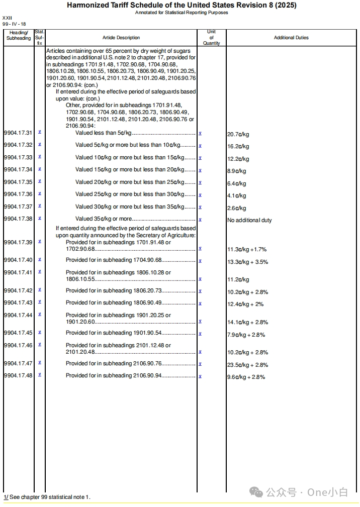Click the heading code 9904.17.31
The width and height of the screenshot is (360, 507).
(x=18, y=133)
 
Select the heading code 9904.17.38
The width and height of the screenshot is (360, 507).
(x=18, y=219)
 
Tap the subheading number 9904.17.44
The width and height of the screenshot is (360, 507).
(x=18, y=315)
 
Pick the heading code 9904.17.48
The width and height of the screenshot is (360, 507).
(x=18, y=375)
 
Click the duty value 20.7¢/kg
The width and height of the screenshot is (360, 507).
(x=238, y=135)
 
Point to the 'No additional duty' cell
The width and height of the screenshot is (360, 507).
(x=249, y=220)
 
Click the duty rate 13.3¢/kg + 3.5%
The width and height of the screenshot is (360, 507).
(x=247, y=262)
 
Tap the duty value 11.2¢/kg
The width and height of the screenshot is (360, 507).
(x=238, y=279)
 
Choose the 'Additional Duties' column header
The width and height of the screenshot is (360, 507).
(x=291, y=38)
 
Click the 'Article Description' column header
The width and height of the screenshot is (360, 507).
(x=121, y=38)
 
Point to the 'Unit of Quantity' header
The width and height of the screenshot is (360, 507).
(x=211, y=38)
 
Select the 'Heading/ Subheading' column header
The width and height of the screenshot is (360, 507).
(x=19, y=35)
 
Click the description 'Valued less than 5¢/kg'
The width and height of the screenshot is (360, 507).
(x=103, y=133)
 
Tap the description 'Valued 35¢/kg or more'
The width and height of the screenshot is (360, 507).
(x=103, y=219)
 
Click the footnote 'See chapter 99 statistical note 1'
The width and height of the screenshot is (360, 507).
(x=49, y=497)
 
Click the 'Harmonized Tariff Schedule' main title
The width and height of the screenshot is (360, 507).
(x=182, y=6)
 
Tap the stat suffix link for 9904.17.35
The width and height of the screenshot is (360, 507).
(x=40, y=181)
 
